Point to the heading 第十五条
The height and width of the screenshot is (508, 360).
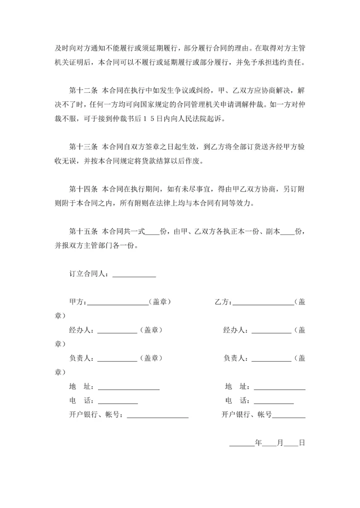(82, 232)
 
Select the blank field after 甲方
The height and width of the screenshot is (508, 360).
(118, 302)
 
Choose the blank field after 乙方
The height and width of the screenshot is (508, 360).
(263, 302)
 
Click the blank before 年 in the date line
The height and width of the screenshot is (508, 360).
(242, 443)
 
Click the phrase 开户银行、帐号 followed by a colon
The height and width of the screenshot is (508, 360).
(95, 415)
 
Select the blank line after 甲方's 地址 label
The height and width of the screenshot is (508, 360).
(128, 387)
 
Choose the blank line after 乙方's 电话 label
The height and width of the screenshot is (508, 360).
(274, 401)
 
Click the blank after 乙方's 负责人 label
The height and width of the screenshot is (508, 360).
(271, 358)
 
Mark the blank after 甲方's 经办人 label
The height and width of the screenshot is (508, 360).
(117, 330)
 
